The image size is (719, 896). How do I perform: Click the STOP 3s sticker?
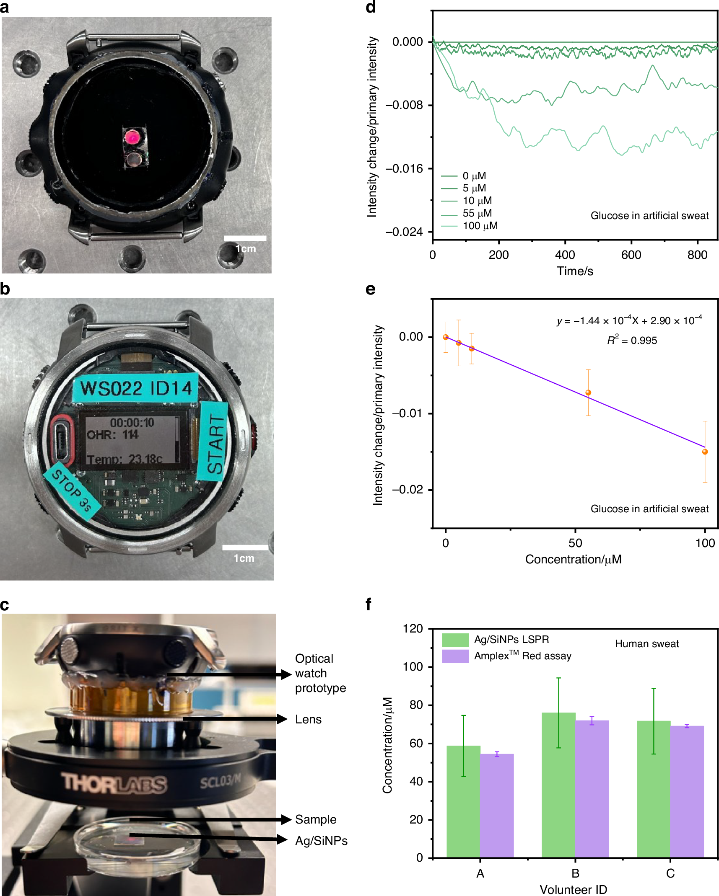[72, 491]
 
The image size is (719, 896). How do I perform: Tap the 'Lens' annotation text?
[308, 719]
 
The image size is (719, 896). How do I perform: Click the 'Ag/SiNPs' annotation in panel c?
[321, 841]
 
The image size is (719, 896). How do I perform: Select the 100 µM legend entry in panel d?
[480, 226]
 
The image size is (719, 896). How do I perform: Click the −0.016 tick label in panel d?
[404, 168]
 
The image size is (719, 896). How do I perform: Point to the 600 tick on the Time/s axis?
[631, 255]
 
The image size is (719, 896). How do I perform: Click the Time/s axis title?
[575, 271]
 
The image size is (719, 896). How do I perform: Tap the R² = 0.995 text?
[632, 340]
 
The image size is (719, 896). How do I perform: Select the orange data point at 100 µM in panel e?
[705, 452]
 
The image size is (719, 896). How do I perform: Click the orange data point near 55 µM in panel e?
[588, 392]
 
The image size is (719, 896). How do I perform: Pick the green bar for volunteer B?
[558, 785]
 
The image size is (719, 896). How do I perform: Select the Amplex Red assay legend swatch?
[455, 656]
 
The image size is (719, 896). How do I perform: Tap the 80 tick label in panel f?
[416, 705]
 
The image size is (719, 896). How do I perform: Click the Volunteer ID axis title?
[573, 889]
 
